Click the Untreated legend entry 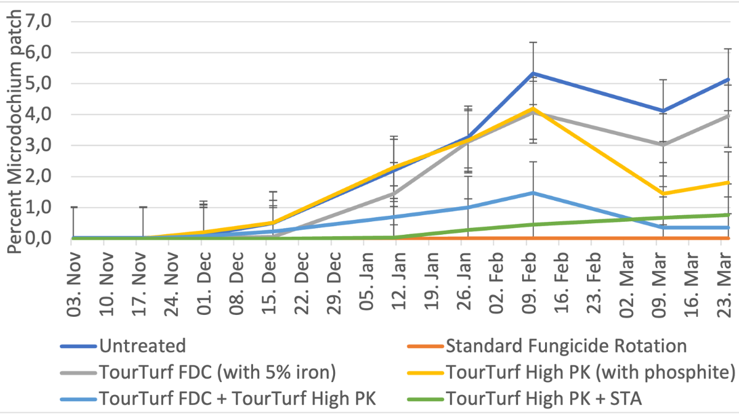[141, 346]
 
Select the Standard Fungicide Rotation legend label [566, 346]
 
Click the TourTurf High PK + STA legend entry [544, 399]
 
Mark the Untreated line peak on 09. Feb [528, 73]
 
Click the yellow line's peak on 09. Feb [528, 108]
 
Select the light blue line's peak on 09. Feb [528, 193]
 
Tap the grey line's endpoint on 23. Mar [729, 115]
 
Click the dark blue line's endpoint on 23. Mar [729, 79]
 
